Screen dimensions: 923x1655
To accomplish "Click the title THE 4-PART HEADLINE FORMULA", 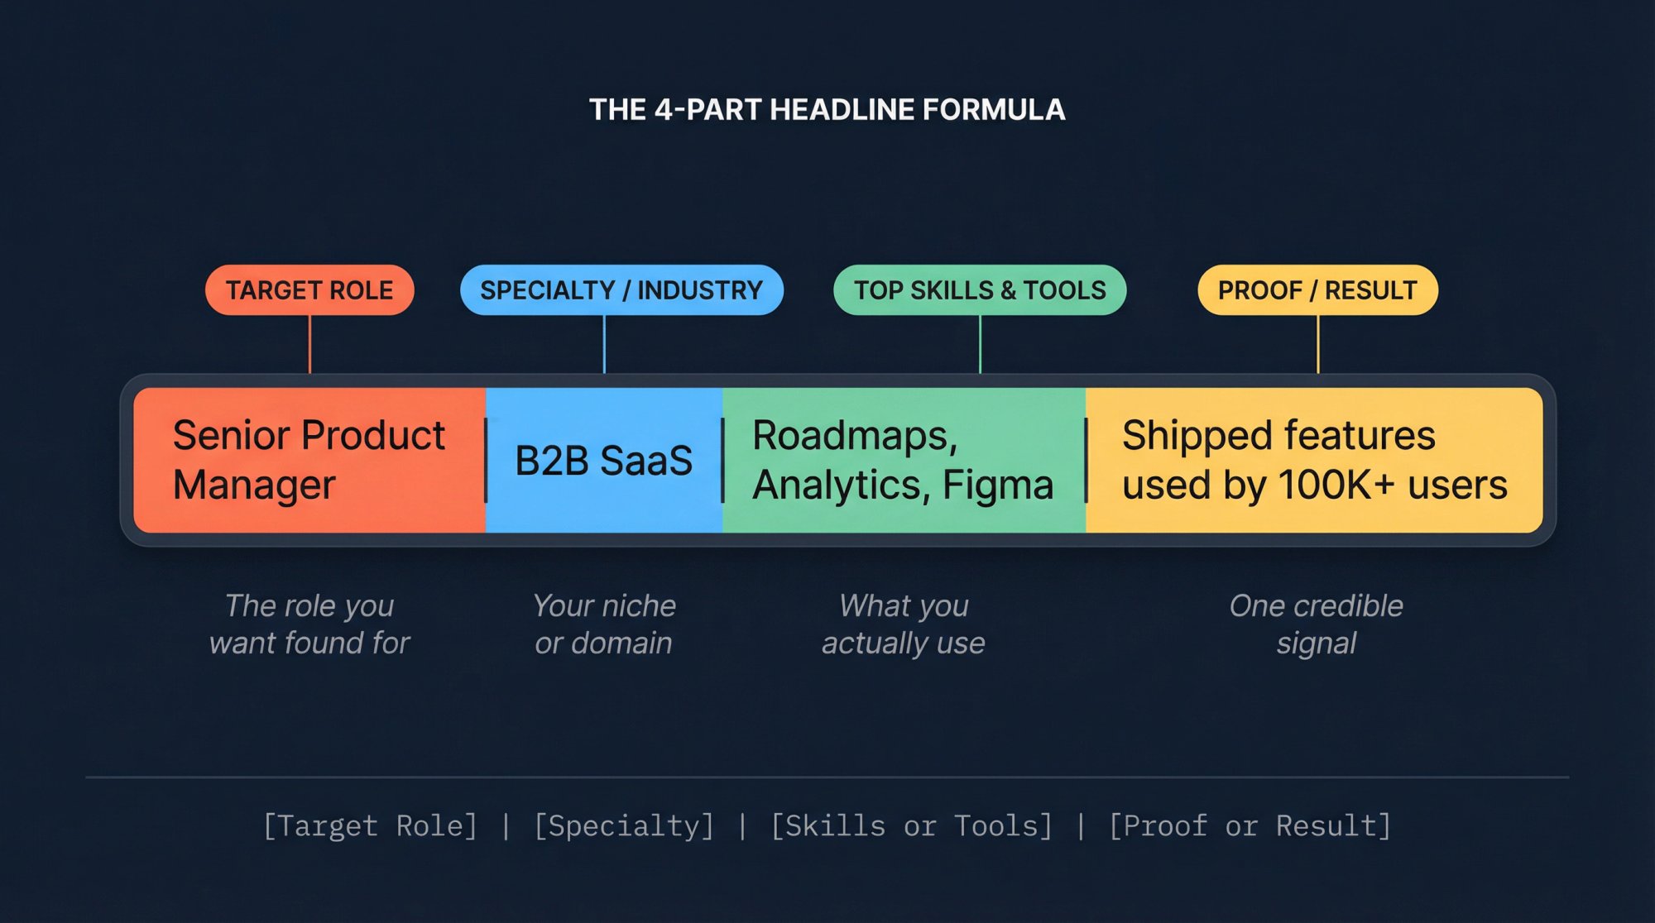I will click(x=827, y=109).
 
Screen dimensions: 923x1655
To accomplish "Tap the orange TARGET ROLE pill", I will click(x=309, y=290).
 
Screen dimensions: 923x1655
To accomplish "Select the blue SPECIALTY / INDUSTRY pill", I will click(x=621, y=290).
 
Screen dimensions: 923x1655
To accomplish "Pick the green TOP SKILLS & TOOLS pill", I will click(x=980, y=290).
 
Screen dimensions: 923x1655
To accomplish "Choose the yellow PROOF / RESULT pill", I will click(x=1317, y=290).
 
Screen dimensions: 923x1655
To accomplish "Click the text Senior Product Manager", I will click(x=309, y=460).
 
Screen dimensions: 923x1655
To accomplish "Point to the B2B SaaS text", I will click(x=603, y=461).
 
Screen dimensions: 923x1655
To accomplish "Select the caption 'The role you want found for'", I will click(x=309, y=624).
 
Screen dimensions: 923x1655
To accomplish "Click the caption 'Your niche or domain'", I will click(x=604, y=624).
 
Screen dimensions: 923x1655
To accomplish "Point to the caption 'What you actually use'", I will click(x=904, y=624).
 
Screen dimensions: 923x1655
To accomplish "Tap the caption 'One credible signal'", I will click(x=1317, y=624).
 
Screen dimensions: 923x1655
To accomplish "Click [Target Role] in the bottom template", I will click(x=370, y=826).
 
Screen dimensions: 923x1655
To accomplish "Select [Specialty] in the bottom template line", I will click(x=624, y=826).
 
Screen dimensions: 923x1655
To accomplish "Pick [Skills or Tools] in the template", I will click(x=911, y=826).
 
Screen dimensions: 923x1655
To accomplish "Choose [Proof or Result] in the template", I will click(x=1250, y=826).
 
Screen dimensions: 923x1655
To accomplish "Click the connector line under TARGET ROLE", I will click(x=309, y=344).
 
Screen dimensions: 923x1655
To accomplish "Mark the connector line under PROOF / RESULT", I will click(x=1318, y=344).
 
